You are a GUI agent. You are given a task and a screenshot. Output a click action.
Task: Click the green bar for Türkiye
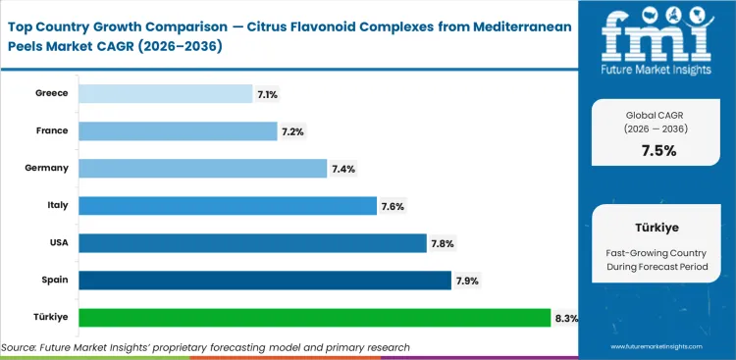314,318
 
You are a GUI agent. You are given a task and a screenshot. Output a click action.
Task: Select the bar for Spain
263,281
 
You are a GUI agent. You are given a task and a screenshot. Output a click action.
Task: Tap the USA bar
252,243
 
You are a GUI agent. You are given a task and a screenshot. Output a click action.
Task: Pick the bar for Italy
227,206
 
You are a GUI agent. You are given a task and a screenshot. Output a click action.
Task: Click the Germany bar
202,169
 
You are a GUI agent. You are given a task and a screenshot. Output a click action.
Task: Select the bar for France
178,130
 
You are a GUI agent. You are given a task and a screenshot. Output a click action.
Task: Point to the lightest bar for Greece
165,93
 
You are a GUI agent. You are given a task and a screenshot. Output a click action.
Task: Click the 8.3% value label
566,318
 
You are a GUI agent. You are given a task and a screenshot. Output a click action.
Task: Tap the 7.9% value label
467,281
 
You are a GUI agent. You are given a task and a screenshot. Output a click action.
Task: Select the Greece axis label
50,93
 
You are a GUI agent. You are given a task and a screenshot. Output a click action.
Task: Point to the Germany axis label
46,168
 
